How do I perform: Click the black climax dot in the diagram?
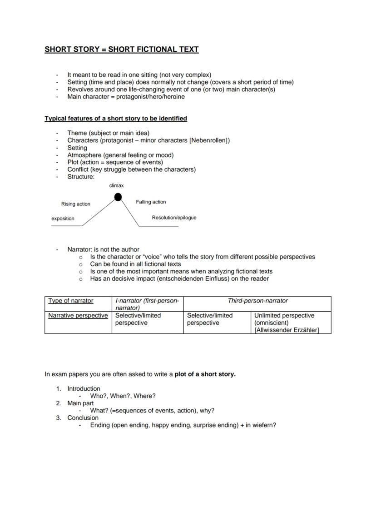tap(118, 197)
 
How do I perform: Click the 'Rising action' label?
tap(76, 204)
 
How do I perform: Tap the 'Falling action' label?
tap(151, 202)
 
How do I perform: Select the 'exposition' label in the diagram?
tap(63, 219)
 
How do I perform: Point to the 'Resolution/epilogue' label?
tap(174, 218)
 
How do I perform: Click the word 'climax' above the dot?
tap(116, 185)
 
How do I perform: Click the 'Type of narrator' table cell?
tap(71, 301)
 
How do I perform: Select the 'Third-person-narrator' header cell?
tap(257, 301)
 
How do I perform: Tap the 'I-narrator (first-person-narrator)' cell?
tap(147, 304)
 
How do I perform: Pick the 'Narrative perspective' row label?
tap(78, 315)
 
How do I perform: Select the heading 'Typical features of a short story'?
tap(115, 119)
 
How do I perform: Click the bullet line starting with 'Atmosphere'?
tap(120, 155)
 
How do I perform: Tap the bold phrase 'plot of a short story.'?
tap(205, 374)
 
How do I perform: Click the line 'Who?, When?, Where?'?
tap(123, 396)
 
